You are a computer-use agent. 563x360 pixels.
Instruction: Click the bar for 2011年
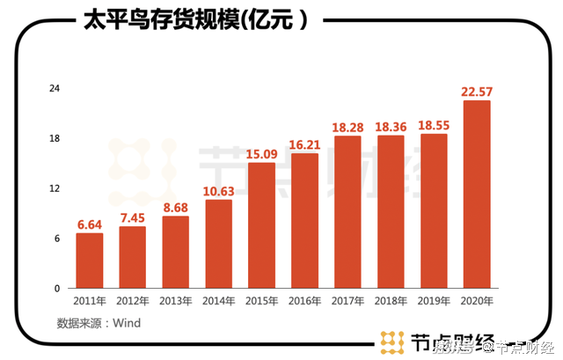(x=89, y=261)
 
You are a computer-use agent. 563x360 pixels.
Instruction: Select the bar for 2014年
(x=218, y=244)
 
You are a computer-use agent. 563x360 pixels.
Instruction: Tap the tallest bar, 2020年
(x=477, y=195)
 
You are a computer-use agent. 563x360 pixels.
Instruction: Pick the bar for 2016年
(x=304, y=221)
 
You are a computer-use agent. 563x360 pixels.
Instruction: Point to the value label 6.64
(x=89, y=224)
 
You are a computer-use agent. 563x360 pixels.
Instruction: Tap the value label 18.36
(x=391, y=127)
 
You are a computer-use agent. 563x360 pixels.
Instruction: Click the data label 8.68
(x=175, y=208)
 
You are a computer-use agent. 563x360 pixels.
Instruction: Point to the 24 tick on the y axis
(x=54, y=89)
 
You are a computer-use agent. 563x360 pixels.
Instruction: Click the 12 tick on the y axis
(x=54, y=188)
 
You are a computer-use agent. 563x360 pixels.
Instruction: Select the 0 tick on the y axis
(x=57, y=288)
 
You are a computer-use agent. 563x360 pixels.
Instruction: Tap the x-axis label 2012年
(x=132, y=301)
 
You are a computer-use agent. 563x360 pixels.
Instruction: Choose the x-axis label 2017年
(x=347, y=301)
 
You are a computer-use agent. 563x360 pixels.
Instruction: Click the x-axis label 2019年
(x=434, y=301)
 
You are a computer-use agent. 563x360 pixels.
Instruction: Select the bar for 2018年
(x=391, y=211)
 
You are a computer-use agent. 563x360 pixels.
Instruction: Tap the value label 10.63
(x=218, y=191)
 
